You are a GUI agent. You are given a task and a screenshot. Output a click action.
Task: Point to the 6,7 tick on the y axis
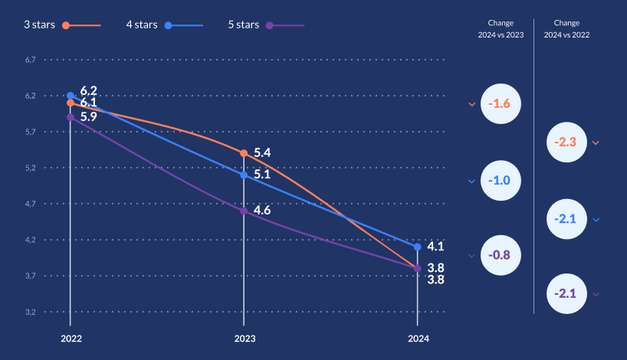click(31, 60)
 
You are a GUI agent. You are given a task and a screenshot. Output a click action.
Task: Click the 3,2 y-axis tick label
click(31, 312)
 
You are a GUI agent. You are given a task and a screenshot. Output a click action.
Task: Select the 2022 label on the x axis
click(71, 339)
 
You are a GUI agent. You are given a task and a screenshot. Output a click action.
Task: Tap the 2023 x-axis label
click(245, 339)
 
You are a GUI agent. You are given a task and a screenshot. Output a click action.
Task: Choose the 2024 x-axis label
click(418, 339)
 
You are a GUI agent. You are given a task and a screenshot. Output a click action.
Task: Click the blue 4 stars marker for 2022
click(71, 96)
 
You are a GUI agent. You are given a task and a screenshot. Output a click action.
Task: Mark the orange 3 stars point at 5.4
click(244, 153)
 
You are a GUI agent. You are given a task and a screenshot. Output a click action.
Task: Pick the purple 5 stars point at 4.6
click(244, 211)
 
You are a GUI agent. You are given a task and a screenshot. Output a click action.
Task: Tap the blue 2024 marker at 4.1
click(418, 247)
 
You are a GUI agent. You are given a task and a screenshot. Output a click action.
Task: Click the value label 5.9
click(88, 117)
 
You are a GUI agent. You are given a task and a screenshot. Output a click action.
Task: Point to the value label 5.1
click(261, 174)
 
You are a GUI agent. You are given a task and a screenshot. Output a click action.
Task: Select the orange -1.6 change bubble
click(501, 103)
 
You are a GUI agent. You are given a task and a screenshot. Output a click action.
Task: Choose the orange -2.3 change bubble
click(568, 142)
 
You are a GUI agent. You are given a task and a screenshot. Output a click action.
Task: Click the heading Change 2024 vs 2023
click(501, 28)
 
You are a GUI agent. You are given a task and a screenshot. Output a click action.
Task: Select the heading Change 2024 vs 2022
click(567, 28)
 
